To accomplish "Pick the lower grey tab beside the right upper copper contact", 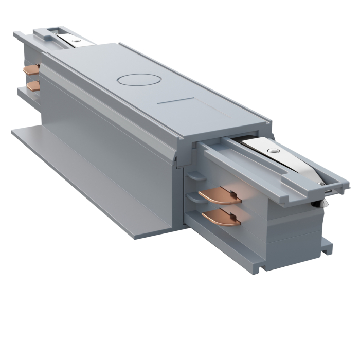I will point(191,196).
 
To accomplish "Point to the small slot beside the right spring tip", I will point(327,192).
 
